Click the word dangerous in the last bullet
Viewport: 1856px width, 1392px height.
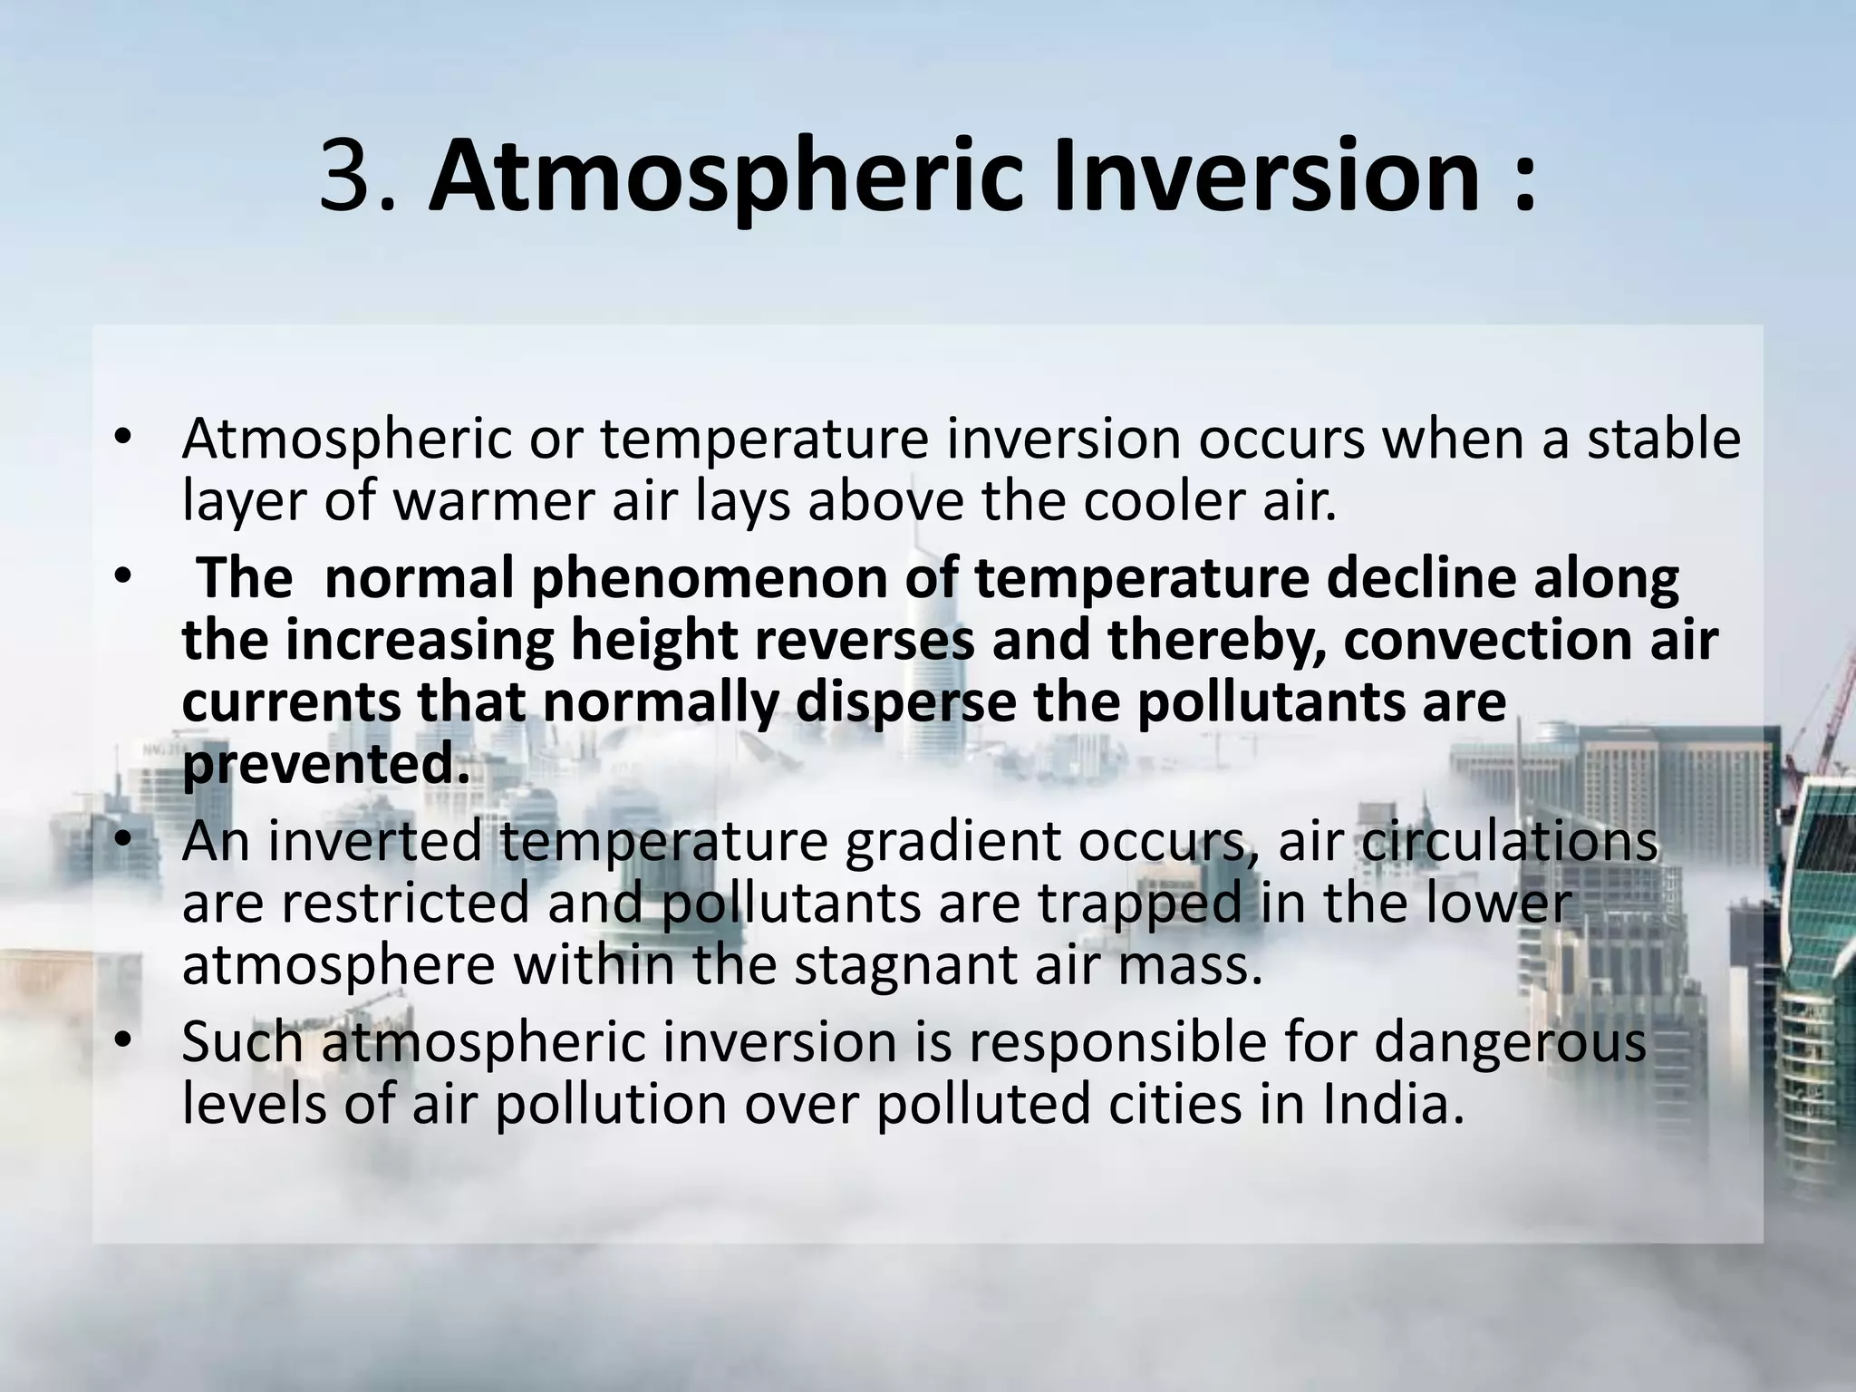coord(1509,1042)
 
